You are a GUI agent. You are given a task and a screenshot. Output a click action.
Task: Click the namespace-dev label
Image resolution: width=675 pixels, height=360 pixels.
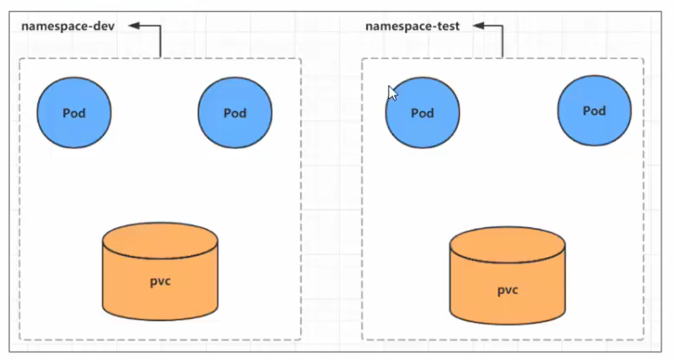pyautogui.click(x=68, y=26)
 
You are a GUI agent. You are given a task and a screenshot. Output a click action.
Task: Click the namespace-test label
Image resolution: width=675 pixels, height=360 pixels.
pyautogui.click(x=413, y=26)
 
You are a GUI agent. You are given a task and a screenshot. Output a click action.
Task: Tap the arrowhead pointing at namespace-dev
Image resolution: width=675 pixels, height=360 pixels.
pyautogui.click(x=134, y=26)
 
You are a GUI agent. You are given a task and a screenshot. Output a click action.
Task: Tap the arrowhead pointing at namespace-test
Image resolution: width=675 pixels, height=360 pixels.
pyautogui.click(x=479, y=26)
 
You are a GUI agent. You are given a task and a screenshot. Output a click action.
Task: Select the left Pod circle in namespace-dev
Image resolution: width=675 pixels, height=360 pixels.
pyautogui.click(x=74, y=113)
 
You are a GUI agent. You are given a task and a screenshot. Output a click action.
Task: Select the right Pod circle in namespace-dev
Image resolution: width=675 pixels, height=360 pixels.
pyautogui.click(x=235, y=113)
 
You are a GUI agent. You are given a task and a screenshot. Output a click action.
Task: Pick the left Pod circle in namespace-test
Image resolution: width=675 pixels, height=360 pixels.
pyautogui.click(x=423, y=113)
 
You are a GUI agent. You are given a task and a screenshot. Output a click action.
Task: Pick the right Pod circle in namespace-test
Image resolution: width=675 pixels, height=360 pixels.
pyautogui.click(x=594, y=111)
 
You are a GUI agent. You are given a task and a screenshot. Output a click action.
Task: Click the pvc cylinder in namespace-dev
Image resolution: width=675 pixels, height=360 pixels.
pyautogui.click(x=160, y=271)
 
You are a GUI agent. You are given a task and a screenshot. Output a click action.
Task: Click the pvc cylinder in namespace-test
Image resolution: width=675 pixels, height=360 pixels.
pyautogui.click(x=507, y=276)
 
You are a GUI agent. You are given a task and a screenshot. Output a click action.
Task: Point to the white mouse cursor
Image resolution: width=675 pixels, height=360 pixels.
pyautogui.click(x=392, y=92)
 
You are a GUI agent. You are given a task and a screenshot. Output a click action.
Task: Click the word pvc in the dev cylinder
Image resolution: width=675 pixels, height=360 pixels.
pyautogui.click(x=160, y=282)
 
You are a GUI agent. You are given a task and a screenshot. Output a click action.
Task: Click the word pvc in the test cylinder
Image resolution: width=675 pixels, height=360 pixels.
pyautogui.click(x=507, y=290)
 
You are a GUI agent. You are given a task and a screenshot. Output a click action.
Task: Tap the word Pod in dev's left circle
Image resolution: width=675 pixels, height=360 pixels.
pyautogui.click(x=74, y=113)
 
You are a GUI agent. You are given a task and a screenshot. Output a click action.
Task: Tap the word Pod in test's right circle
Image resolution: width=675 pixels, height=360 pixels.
pyautogui.click(x=594, y=111)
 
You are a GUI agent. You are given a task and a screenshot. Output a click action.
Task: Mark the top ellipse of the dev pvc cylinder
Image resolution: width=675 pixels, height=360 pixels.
pyautogui.click(x=160, y=241)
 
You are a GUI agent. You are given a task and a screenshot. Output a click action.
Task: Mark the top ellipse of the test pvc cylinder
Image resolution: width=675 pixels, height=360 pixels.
pyautogui.click(x=507, y=245)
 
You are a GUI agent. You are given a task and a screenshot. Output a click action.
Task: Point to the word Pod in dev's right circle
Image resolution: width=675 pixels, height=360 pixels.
pyautogui.click(x=235, y=113)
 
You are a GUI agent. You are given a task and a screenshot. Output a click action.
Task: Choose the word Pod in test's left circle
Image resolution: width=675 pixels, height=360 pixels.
pyautogui.click(x=423, y=113)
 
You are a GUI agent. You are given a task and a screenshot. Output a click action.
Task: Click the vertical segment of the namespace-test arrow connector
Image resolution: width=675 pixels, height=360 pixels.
pyautogui.click(x=503, y=42)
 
